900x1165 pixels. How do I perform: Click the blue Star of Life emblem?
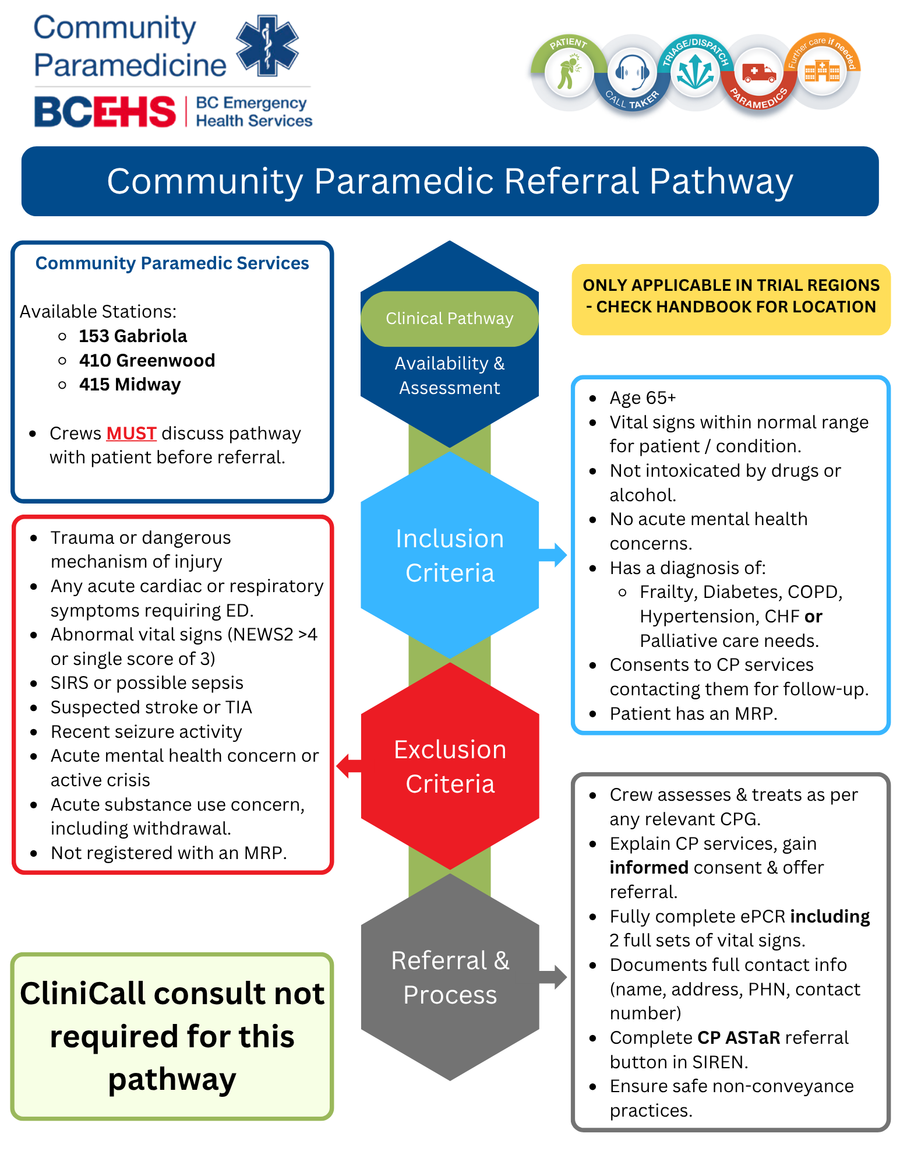(x=267, y=45)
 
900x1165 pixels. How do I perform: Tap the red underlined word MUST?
(x=131, y=434)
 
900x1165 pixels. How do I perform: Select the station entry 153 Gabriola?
(x=133, y=336)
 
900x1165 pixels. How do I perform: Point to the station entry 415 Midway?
(x=130, y=385)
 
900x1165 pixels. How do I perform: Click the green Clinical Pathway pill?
(x=449, y=319)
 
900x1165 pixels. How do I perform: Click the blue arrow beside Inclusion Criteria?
(x=552, y=555)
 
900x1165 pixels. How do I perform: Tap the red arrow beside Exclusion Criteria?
(x=349, y=766)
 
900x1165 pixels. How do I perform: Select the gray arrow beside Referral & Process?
(x=552, y=977)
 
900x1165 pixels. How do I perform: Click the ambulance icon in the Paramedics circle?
(x=758, y=73)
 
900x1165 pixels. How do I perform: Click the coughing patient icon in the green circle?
(x=569, y=72)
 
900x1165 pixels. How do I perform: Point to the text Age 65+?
(x=643, y=398)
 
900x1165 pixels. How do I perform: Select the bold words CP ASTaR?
(x=739, y=1038)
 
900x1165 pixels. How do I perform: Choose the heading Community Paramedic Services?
(x=172, y=263)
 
